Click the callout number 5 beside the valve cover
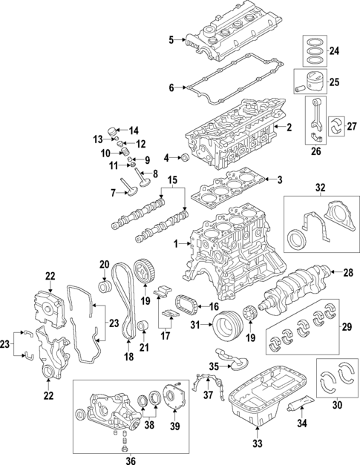(171, 39)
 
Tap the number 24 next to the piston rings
(334, 51)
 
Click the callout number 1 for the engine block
(175, 244)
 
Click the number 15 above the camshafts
(172, 180)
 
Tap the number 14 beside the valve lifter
(134, 131)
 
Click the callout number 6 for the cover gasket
(171, 88)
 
